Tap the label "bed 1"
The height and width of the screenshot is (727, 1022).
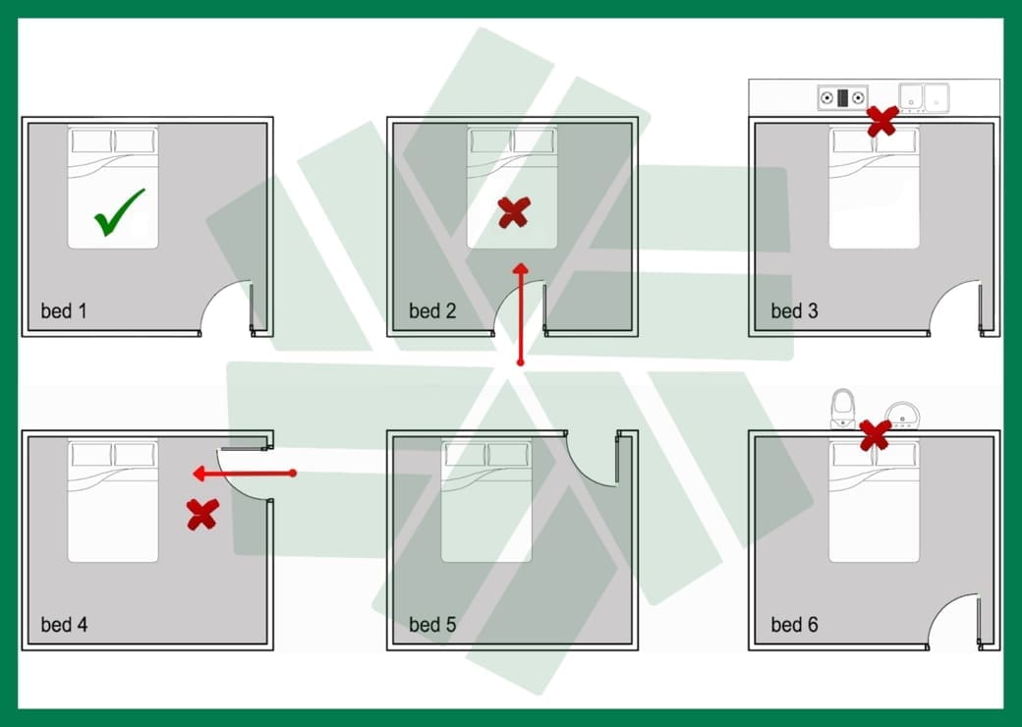point(63,310)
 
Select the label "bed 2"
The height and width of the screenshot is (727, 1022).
point(432,310)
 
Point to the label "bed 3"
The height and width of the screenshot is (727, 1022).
point(794,310)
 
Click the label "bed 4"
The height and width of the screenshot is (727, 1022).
point(64,624)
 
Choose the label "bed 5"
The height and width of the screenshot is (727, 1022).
point(432,624)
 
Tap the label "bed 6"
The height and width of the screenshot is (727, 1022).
point(794,624)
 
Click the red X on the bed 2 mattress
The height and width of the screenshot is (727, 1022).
point(514,213)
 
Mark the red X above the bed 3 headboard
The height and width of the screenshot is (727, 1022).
point(882,121)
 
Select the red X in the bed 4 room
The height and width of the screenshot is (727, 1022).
point(202,515)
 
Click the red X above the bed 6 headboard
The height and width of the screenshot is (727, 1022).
point(876,435)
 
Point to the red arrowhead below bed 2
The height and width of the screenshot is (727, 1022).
point(520,268)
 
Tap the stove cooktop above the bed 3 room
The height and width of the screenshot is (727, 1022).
point(843,97)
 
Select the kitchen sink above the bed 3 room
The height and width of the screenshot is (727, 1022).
point(924,97)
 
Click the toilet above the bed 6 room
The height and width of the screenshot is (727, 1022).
point(843,409)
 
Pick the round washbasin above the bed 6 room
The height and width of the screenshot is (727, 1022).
point(903,415)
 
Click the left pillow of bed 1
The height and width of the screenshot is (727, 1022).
point(91,140)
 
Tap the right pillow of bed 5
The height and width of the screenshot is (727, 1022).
point(508,454)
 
